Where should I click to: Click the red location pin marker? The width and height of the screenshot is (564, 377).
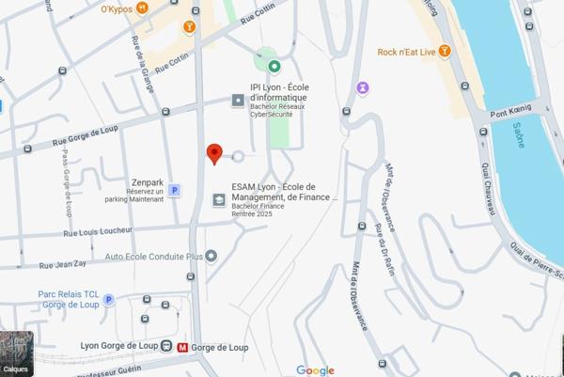point(214,153)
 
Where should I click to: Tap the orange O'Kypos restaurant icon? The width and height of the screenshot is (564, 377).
point(142,8)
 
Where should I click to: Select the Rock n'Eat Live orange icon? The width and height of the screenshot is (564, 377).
point(445,51)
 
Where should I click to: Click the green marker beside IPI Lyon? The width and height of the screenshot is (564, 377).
point(274,66)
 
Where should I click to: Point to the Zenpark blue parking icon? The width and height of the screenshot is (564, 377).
point(174,191)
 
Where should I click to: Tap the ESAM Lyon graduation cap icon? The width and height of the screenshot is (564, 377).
point(219,199)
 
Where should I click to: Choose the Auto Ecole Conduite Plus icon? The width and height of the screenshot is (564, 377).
point(211,256)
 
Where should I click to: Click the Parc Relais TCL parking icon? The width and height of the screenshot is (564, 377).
point(108,300)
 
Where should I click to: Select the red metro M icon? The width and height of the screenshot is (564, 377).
point(181,347)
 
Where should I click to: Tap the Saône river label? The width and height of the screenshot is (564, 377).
point(519,136)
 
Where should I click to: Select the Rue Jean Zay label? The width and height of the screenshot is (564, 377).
point(63,264)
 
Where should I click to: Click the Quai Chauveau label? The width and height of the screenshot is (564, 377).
point(490,188)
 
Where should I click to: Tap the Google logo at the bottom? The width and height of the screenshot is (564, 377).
point(315,370)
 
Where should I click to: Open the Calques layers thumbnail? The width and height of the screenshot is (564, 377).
point(17,353)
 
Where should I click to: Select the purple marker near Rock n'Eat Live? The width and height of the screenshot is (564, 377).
point(363,88)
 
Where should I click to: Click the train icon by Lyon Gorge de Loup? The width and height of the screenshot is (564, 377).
point(165,347)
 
